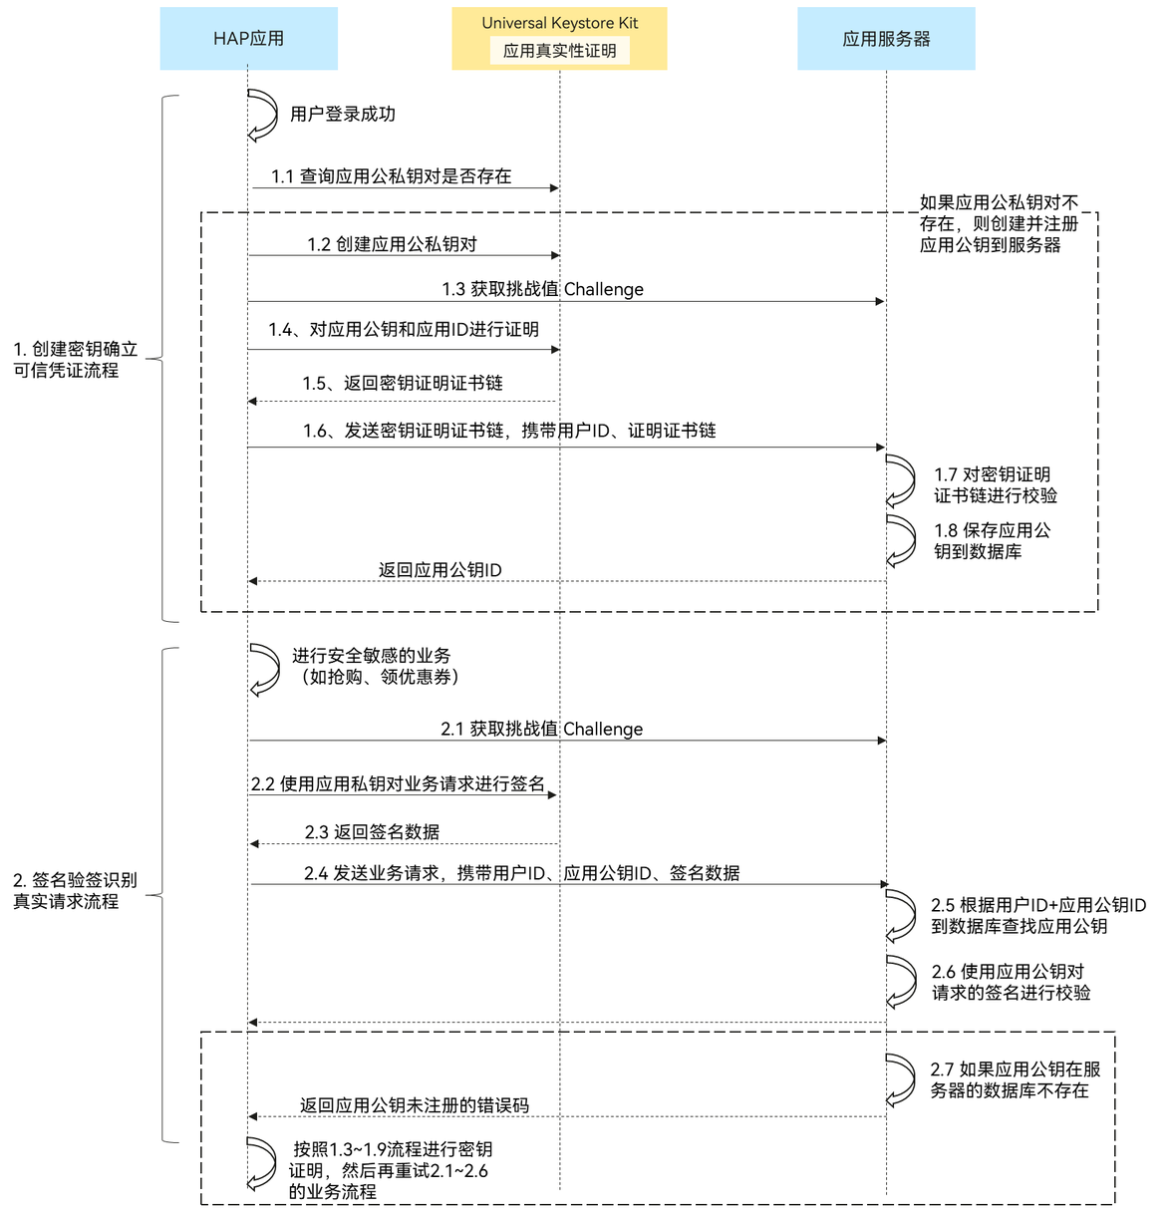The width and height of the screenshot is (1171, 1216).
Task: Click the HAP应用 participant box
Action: tap(248, 39)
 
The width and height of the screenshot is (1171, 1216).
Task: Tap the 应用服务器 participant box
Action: tap(886, 39)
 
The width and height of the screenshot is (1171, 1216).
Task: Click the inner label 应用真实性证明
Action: tap(559, 51)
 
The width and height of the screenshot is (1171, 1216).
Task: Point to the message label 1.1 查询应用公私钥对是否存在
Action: tap(391, 176)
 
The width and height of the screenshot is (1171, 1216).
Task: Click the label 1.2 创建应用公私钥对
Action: tap(392, 244)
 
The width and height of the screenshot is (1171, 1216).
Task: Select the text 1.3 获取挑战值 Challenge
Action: tap(542, 289)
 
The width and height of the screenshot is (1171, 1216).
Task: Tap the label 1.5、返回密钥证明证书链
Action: tap(402, 383)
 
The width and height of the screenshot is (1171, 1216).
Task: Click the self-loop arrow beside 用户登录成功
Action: tap(263, 115)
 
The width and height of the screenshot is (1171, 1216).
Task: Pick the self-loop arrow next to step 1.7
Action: tap(901, 481)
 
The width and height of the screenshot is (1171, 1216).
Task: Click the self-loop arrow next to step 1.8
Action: tap(901, 540)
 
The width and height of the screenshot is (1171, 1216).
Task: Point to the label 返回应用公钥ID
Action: tap(439, 570)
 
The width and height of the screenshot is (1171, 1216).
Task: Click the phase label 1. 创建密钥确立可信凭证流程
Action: tap(75, 359)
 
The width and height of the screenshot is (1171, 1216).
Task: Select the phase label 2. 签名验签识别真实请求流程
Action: tap(75, 890)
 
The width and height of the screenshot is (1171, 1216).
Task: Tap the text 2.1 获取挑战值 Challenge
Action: tap(541, 729)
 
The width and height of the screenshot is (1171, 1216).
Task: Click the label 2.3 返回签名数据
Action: tap(372, 832)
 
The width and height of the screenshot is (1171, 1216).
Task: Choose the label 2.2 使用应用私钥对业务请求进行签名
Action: tap(398, 784)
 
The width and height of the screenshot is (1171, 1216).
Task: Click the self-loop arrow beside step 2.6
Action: tap(901, 982)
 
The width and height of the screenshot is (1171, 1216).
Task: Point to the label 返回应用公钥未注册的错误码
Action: tap(414, 1105)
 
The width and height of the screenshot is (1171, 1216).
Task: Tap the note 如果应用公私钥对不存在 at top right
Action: tap(999, 223)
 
